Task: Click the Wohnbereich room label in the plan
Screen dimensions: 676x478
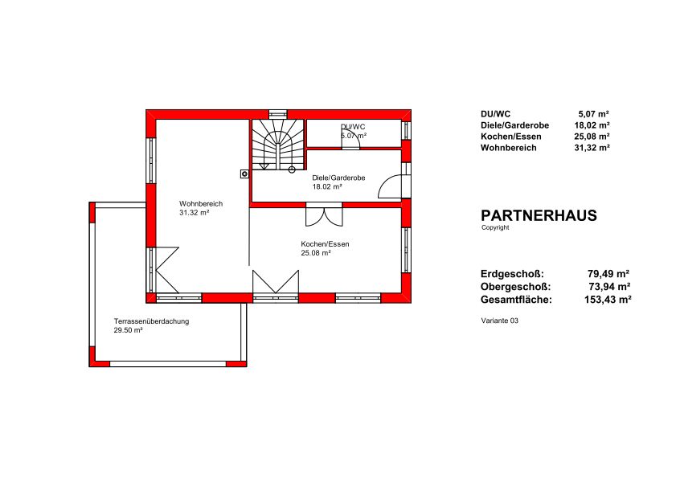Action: point(201,203)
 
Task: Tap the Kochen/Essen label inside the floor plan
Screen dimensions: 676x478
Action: point(325,244)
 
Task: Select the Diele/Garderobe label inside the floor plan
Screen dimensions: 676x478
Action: point(338,178)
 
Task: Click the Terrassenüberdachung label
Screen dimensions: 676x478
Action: point(151,321)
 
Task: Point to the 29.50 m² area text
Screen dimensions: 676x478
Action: point(128,330)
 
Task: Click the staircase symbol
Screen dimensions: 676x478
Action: point(278,145)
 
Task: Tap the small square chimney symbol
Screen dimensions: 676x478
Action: point(244,174)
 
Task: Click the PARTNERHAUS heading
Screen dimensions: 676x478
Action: point(539,215)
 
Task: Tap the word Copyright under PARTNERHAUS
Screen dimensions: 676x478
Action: point(495,227)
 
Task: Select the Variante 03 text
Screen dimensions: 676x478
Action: point(500,321)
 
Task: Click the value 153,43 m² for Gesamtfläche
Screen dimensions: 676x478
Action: point(608,300)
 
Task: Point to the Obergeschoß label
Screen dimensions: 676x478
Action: point(515,287)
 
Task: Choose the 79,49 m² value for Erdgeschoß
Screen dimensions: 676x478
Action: point(608,274)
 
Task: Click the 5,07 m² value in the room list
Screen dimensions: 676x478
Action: point(594,114)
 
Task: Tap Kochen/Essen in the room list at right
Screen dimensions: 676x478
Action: point(511,137)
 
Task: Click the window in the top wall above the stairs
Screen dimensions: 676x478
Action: point(278,114)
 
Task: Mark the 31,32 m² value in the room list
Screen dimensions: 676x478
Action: point(592,148)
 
